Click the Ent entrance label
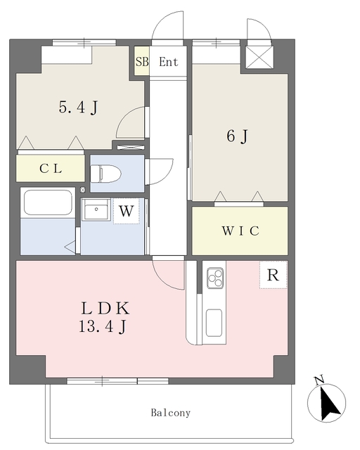[169, 62]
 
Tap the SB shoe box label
[142, 61]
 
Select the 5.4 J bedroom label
[78, 108]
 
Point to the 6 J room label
[237, 136]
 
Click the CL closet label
[51, 169]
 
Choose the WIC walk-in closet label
[240, 231]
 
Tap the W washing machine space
[127, 211]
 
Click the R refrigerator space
[273, 275]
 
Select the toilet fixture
[105, 174]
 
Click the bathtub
[48, 202]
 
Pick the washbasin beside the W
[96, 210]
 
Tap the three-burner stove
[215, 278]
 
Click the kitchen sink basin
[214, 323]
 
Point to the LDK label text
[105, 309]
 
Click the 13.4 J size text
[103, 326]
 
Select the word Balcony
[171, 413]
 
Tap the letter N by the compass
[319, 380]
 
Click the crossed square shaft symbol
[259, 57]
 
